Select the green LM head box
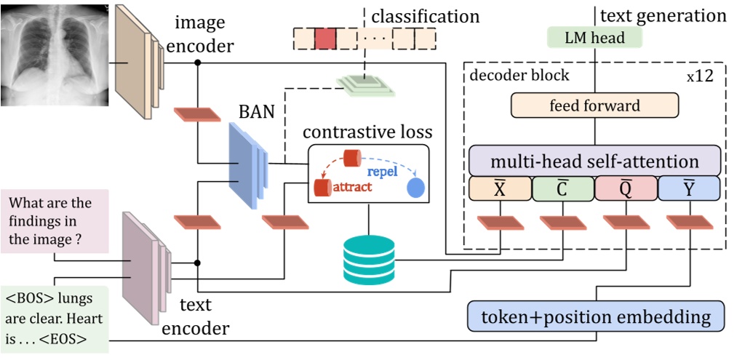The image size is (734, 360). (x=596, y=38)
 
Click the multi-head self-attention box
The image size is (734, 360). (x=595, y=161)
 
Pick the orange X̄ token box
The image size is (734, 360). (x=500, y=189)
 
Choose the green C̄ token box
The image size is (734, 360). (x=563, y=189)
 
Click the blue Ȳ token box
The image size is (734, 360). (x=688, y=189)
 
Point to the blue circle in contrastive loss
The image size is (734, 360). (x=415, y=188)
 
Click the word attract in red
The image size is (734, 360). (x=352, y=188)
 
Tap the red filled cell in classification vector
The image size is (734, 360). (x=325, y=38)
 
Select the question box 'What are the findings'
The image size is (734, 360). (x=55, y=220)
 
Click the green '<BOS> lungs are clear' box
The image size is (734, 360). (x=55, y=319)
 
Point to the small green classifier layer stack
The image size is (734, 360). (x=366, y=85)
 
